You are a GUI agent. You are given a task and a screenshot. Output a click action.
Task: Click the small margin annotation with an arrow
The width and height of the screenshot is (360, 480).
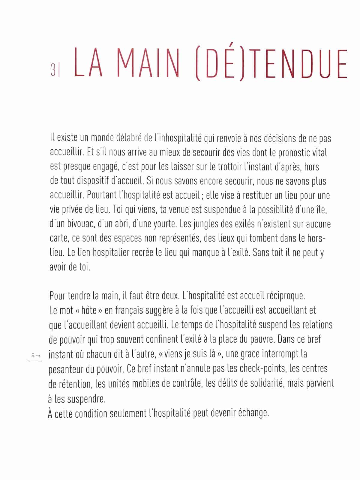pyautogui.click(x=36, y=355)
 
